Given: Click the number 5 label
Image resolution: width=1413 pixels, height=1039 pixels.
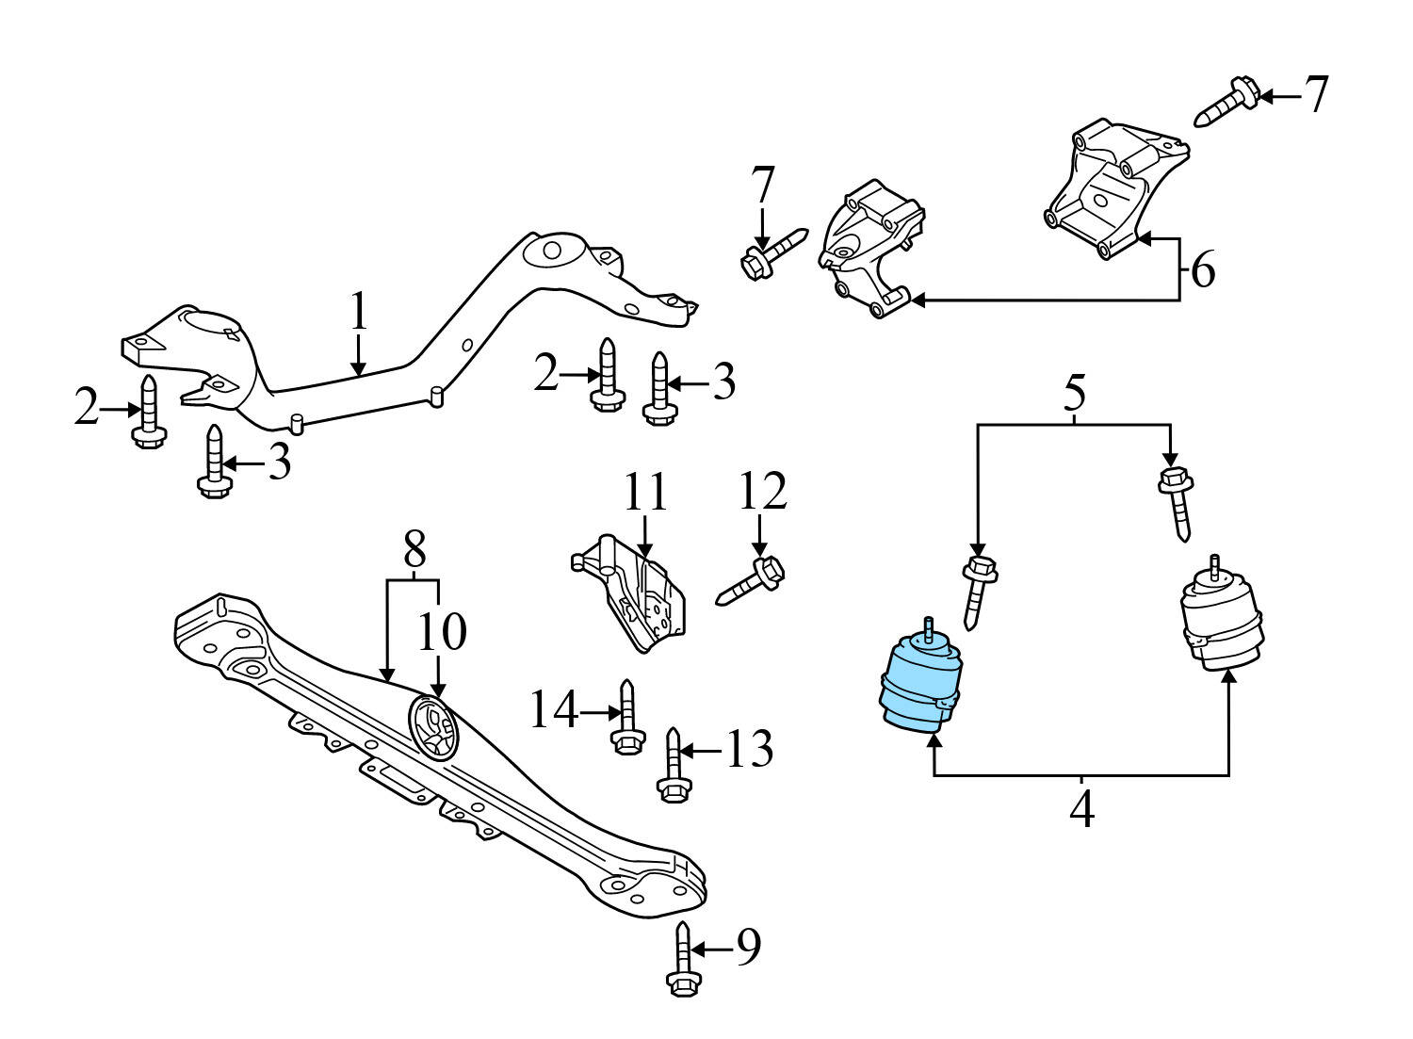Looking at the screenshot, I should (x=1075, y=394).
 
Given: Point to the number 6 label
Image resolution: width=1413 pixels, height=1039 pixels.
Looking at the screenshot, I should (x=1203, y=271).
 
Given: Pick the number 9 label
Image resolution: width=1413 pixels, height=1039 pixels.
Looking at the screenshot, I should (x=747, y=949).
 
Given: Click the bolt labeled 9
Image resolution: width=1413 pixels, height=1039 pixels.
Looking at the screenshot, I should (x=683, y=960).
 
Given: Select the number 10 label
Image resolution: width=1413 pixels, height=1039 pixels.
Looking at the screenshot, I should (x=442, y=632).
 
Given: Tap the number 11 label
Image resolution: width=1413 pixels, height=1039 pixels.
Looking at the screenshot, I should (x=645, y=494).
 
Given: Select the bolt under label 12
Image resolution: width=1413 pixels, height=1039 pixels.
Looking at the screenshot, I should (x=752, y=581).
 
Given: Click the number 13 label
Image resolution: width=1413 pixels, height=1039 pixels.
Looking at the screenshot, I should (x=748, y=751).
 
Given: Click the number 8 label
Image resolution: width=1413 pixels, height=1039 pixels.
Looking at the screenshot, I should (x=414, y=547).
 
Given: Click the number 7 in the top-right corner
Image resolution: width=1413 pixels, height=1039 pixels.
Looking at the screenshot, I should (x=1315, y=95).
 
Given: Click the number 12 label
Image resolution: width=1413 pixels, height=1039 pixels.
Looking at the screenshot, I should (x=762, y=494).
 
